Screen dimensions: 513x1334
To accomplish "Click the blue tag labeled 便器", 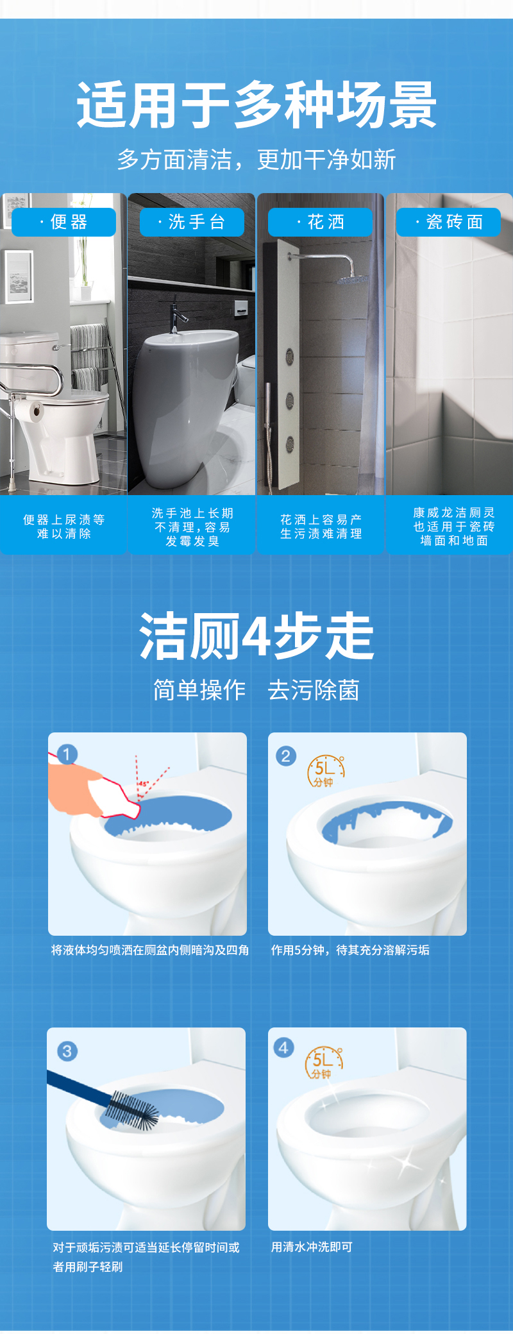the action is (64, 222).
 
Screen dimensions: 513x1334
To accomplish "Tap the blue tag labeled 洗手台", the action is (192, 222).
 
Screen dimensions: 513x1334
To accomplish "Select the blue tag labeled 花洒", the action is (321, 222).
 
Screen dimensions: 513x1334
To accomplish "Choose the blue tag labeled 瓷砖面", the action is (449, 222).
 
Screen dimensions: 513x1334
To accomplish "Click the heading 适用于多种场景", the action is (256, 105).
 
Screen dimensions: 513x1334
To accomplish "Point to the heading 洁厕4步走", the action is (256, 636).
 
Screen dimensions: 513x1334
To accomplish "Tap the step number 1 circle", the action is (67, 754).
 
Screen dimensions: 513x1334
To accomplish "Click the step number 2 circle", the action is (286, 756).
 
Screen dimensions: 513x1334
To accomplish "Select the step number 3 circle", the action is (67, 1051).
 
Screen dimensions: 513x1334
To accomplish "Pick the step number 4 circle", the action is (283, 1048).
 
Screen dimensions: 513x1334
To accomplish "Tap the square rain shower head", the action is (353, 280).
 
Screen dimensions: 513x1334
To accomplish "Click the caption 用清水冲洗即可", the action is (312, 1247).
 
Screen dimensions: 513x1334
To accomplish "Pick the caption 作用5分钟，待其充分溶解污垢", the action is (350, 950).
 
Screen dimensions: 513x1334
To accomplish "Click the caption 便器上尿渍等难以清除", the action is (64, 527).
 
